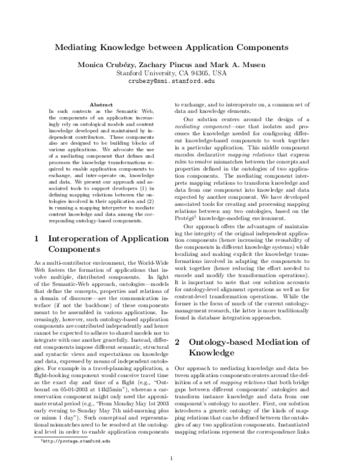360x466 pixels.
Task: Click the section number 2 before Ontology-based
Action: [176, 342]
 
